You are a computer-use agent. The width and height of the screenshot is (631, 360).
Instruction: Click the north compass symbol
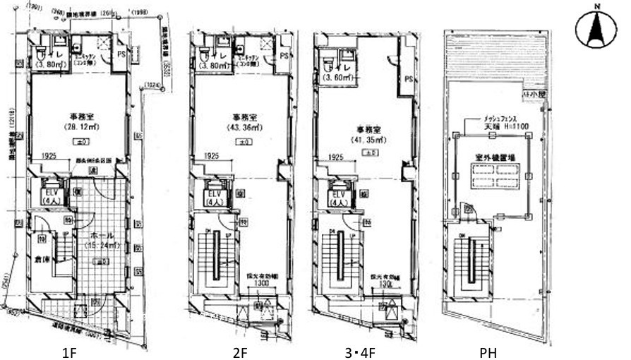point(596,29)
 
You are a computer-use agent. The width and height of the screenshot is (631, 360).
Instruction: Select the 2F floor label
point(239,351)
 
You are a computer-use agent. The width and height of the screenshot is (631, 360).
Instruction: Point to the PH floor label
point(488,351)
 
